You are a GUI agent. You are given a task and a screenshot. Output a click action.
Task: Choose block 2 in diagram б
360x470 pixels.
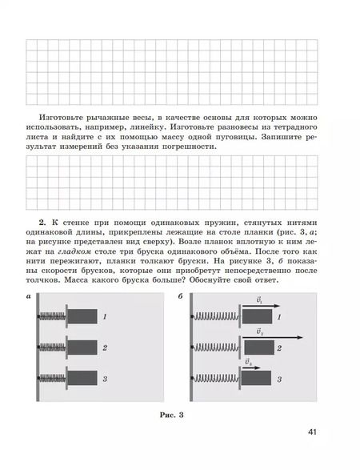[x=262, y=348]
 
